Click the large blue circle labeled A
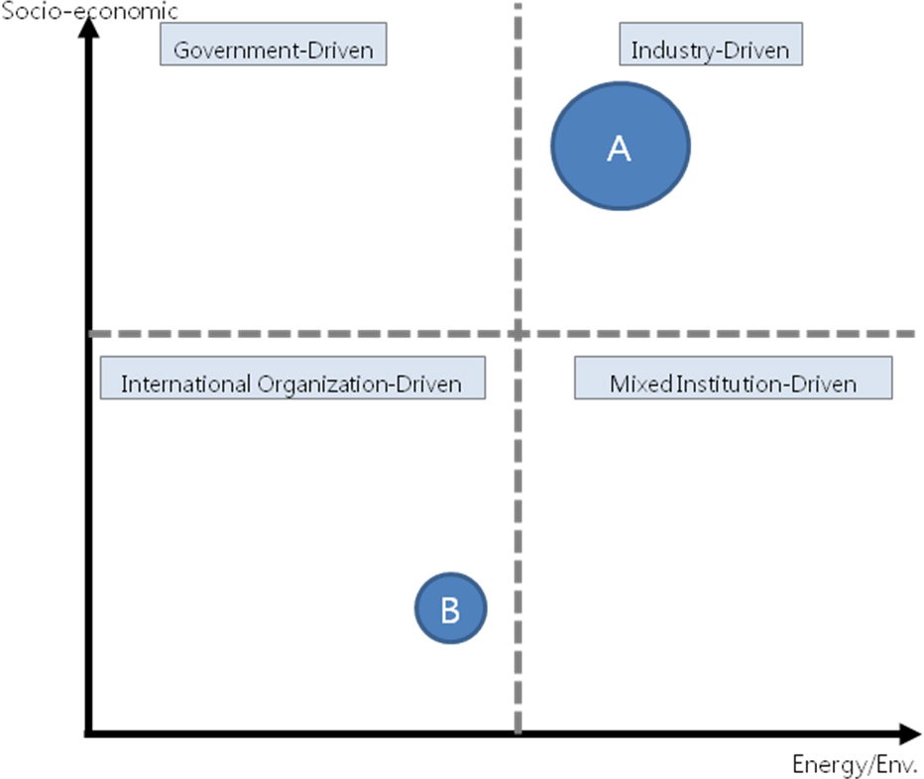(621, 146)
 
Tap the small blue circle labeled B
(451, 609)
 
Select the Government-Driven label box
(274, 45)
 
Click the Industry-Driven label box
(711, 45)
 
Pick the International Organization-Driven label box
(292, 378)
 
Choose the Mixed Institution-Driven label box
(734, 378)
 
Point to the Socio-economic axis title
(89, 11)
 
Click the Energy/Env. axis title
(855, 764)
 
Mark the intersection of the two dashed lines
(518, 334)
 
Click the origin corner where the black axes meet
(88, 733)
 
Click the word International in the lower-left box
(186, 385)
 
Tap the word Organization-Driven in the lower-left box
(360, 385)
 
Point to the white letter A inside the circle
(620, 148)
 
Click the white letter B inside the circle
(451, 610)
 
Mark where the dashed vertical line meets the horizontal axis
(518, 733)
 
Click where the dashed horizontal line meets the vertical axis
(88, 334)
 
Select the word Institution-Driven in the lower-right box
(766, 385)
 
